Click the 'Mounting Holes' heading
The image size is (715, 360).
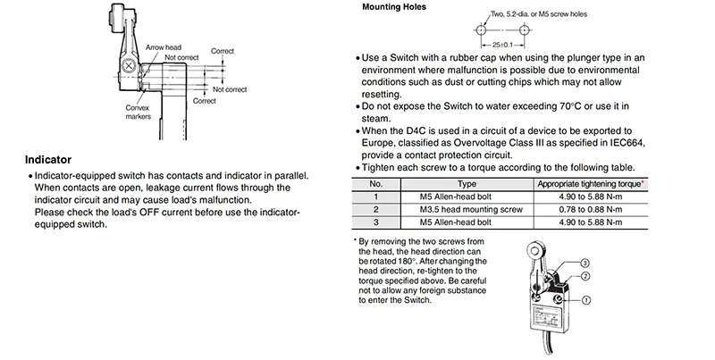click(387, 7)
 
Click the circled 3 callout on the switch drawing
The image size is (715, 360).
click(584, 263)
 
